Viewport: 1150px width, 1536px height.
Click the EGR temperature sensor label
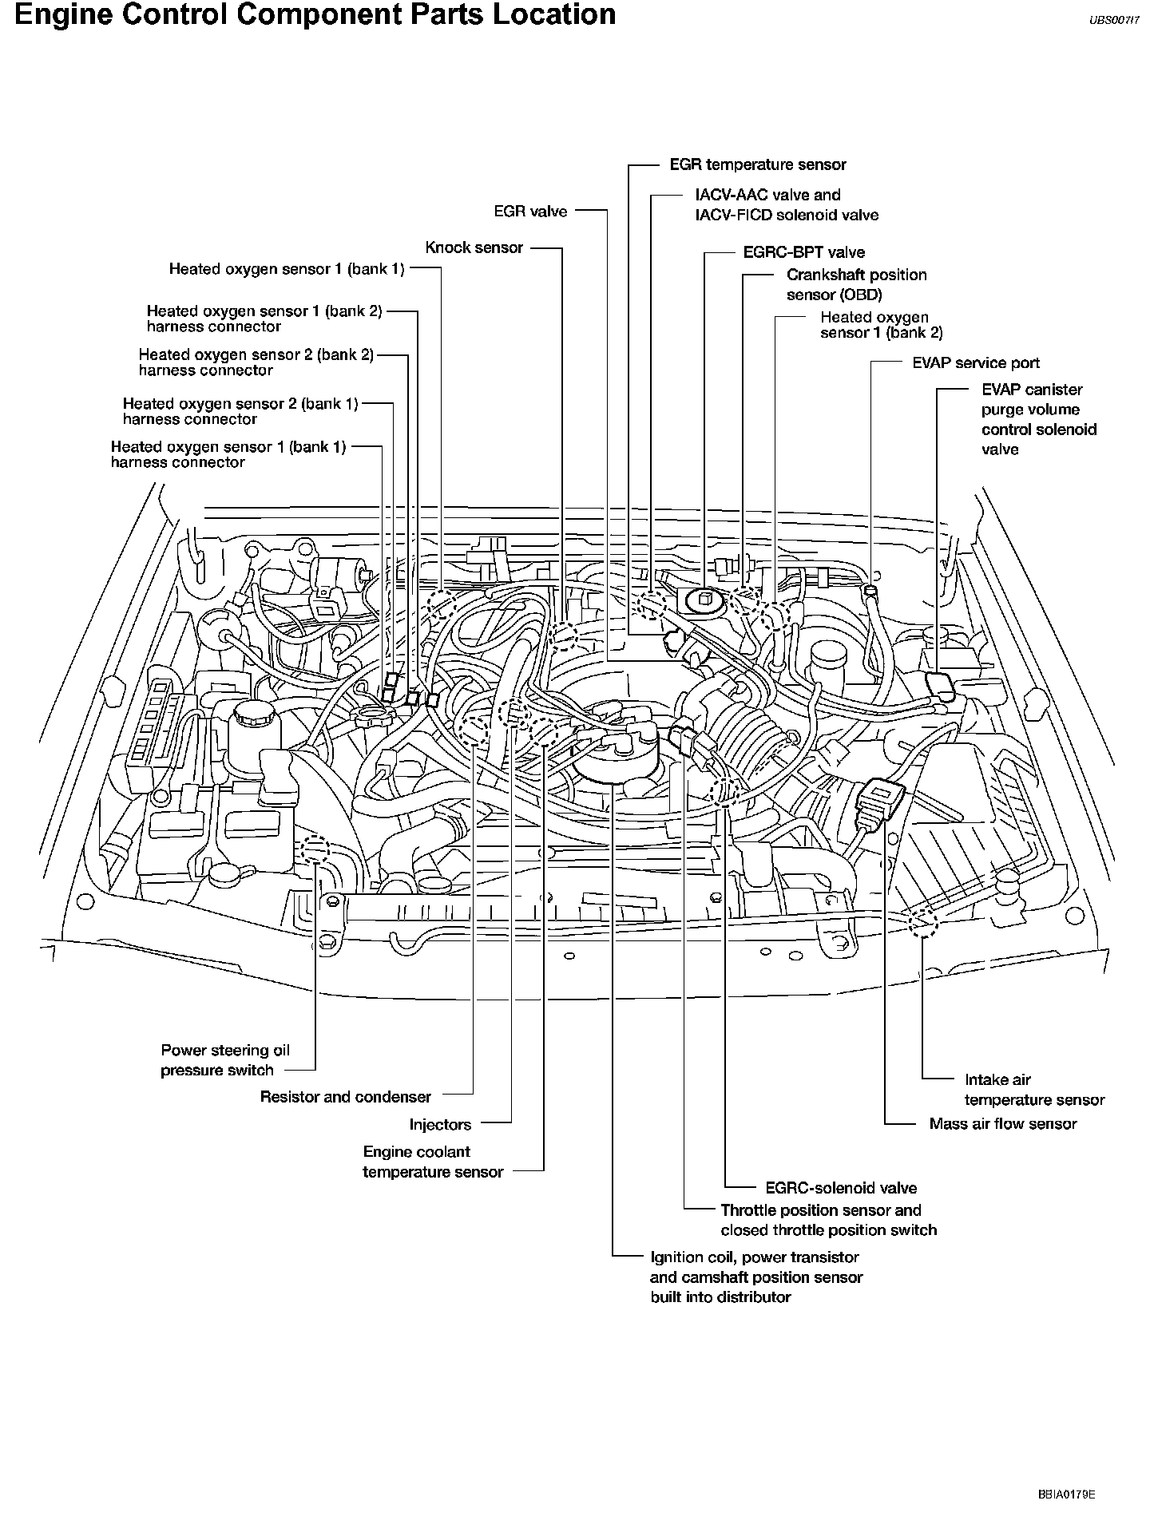[757, 165]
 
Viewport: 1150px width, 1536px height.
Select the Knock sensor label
[474, 247]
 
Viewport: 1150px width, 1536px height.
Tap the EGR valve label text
[530, 212]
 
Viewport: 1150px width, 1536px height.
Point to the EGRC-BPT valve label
[803, 253]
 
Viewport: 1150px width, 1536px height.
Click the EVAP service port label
[975, 363]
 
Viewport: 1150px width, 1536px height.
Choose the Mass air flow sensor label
[1002, 1124]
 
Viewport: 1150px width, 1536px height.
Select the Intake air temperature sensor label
[1033, 1090]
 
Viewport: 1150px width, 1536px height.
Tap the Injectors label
[440, 1125]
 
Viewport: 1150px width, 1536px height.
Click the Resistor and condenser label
[345, 1097]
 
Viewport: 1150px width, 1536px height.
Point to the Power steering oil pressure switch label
[224, 1060]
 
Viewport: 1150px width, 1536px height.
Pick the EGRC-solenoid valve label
[840, 1188]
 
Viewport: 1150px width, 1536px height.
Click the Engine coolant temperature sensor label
[433, 1162]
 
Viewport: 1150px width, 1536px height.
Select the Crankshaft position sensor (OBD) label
[856, 284]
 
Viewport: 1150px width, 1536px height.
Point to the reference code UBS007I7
[1114, 22]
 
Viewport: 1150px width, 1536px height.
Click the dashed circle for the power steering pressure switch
[316, 849]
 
